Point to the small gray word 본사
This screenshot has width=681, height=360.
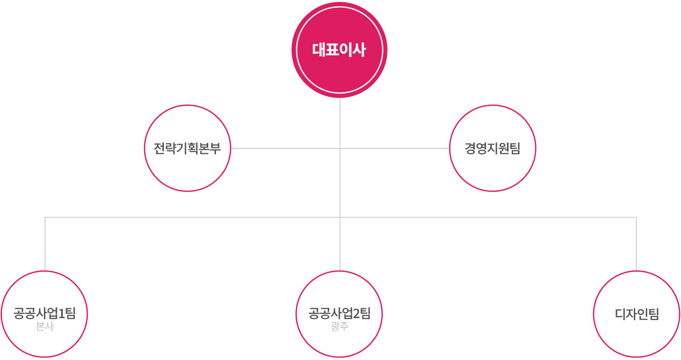[45, 327]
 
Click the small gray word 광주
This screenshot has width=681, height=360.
[339, 327]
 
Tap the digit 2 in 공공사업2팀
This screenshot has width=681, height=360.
[357, 314]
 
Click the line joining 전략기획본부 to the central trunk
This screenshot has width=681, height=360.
[284, 148]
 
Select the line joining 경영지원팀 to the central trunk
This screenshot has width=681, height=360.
[395, 148]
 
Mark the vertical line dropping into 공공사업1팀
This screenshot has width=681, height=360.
[45, 243]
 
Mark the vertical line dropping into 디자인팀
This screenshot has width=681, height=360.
[636, 243]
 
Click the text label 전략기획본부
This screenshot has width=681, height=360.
[187, 148]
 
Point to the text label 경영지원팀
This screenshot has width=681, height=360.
[493, 148]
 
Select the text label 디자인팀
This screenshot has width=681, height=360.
[637, 314]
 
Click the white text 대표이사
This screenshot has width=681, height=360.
[339, 50]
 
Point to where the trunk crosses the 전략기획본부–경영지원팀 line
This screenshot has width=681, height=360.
[340, 148]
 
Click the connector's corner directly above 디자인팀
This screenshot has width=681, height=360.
[636, 217]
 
